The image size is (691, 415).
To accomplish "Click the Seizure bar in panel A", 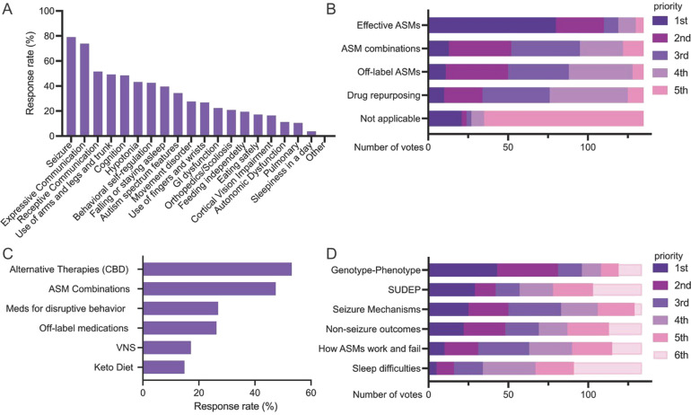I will click(x=71, y=86).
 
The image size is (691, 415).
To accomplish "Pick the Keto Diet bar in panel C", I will click(x=164, y=366).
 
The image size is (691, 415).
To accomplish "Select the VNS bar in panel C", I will click(x=167, y=347).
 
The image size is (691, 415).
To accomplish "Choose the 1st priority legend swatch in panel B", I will click(x=660, y=20).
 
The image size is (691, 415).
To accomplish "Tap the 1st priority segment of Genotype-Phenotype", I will click(x=463, y=269).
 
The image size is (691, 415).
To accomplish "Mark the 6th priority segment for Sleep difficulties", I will click(x=608, y=367).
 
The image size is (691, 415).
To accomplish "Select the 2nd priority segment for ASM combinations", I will click(x=479, y=49).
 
